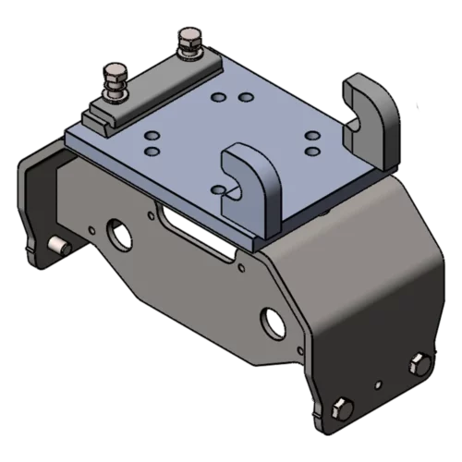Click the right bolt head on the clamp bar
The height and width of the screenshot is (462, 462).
pos(189,38)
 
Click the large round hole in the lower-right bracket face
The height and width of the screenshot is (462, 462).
pos(272,320)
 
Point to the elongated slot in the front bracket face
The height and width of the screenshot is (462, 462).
pos(185,217)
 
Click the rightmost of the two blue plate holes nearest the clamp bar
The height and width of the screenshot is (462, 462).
pos(245,96)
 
